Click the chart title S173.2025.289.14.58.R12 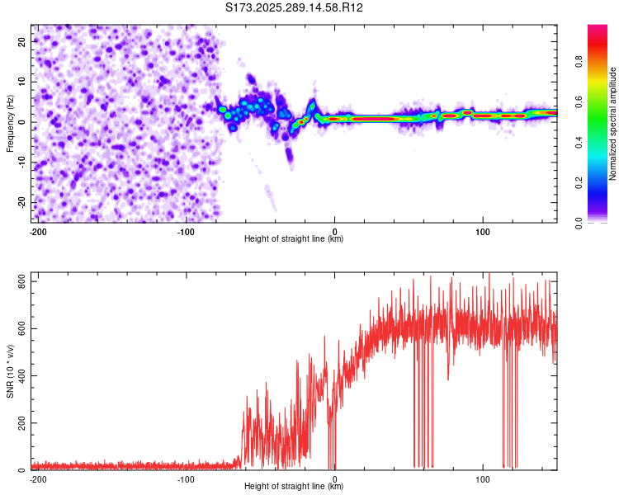coord(295,8)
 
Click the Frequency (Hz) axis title coord(11,124)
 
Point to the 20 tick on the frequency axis coord(22,41)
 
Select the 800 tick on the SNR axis coord(19,282)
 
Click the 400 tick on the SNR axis coord(19,376)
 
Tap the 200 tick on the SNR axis coord(19,423)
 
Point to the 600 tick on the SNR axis coord(19,329)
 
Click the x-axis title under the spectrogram coord(294,239)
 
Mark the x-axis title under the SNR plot coord(294,487)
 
